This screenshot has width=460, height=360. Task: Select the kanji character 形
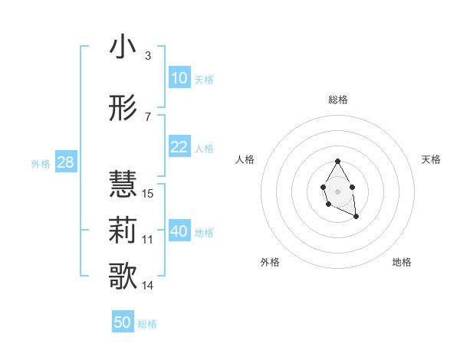click(123, 110)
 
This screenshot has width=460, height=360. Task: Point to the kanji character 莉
click(123, 230)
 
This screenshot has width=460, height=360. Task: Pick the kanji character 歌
click(123, 276)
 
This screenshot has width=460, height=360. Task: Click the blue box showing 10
click(179, 78)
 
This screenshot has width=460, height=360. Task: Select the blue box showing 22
click(179, 147)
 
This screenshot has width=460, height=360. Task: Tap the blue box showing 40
click(179, 231)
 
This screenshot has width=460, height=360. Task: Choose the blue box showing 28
click(65, 162)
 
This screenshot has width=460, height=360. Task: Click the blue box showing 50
click(123, 322)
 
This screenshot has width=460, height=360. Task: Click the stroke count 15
click(148, 193)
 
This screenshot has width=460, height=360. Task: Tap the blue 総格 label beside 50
click(147, 324)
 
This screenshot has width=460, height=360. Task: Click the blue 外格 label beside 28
click(41, 163)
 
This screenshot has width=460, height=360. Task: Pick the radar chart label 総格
click(338, 100)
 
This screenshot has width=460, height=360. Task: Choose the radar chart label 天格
click(432, 159)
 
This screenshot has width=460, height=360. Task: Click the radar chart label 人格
click(245, 159)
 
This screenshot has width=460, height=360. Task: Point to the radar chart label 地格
click(402, 262)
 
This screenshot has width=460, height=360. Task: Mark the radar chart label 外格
click(270, 262)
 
